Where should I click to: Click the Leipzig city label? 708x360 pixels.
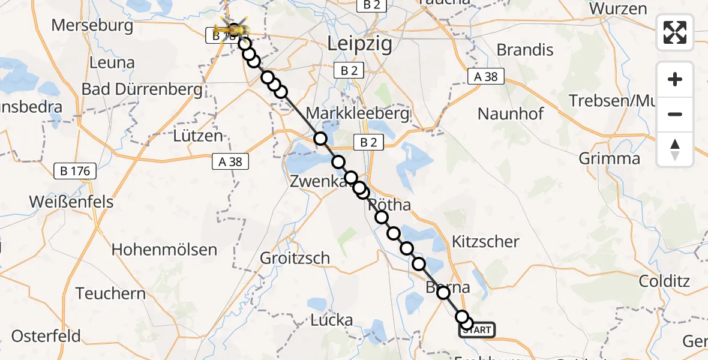coord(361,44)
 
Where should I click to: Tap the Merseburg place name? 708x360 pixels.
coord(92,25)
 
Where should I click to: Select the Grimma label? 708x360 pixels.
coord(609,158)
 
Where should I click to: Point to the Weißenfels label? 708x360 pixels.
coord(71,202)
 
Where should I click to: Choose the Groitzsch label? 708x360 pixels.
coord(295,258)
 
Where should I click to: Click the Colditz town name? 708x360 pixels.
coord(664,281)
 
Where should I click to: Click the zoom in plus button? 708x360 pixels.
coord(675,79)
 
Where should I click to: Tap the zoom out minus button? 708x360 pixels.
coord(675,114)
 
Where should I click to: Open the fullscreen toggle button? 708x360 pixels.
coord(675,32)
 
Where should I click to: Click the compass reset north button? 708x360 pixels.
coord(675,149)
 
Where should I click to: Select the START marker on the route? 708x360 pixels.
coord(478,329)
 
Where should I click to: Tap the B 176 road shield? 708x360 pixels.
coord(75,171)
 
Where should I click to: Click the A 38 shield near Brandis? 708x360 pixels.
coord(486,76)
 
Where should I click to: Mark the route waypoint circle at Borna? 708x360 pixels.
coord(443,293)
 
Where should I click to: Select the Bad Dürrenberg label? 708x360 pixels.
coord(142,90)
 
